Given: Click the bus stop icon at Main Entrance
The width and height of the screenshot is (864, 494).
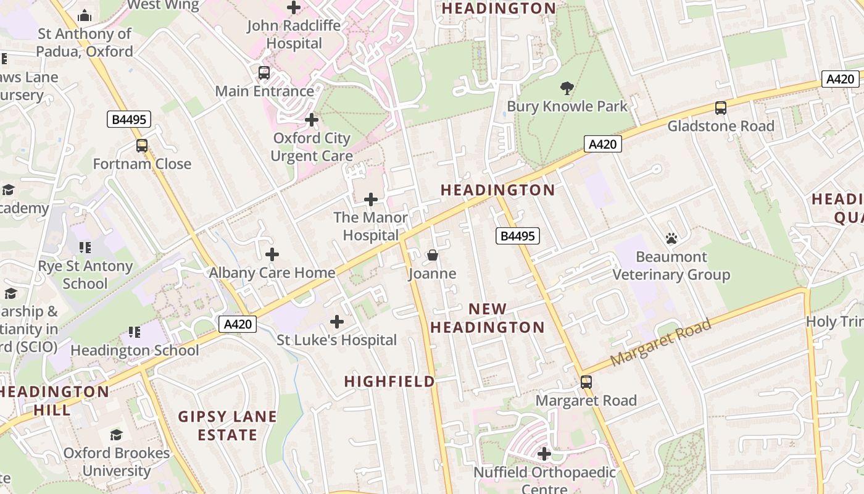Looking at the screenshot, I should (x=264, y=73).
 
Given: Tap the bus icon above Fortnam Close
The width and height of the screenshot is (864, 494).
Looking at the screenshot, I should (x=142, y=146).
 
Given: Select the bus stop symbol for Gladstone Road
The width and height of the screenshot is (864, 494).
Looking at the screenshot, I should (x=720, y=108).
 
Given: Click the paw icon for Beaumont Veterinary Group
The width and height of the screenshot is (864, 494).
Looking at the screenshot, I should (x=671, y=238).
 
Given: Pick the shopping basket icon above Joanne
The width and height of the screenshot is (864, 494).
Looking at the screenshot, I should (x=432, y=255).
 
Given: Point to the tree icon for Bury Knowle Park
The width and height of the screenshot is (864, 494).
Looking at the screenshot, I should (x=567, y=88).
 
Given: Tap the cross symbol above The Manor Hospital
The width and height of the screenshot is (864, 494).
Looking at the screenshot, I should (x=371, y=199).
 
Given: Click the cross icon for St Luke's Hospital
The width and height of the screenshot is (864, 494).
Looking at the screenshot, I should (x=337, y=322).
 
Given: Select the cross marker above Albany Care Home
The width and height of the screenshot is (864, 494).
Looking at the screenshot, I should (x=272, y=254).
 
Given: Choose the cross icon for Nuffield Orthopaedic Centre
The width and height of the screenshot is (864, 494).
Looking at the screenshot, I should (x=544, y=454).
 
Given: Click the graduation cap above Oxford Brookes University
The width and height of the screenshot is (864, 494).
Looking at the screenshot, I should (x=117, y=435).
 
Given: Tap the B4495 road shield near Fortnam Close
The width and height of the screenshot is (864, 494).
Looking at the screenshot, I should (x=128, y=119).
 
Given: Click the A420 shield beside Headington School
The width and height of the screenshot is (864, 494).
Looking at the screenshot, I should (x=238, y=324).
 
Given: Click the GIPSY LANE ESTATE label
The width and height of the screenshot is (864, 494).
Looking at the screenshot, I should (x=228, y=425).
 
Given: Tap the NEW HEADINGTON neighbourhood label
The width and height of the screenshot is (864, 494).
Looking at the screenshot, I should (x=488, y=318).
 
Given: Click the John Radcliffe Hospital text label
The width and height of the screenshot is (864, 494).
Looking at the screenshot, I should (x=294, y=35).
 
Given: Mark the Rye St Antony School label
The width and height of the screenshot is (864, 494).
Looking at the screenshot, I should (x=85, y=275).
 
